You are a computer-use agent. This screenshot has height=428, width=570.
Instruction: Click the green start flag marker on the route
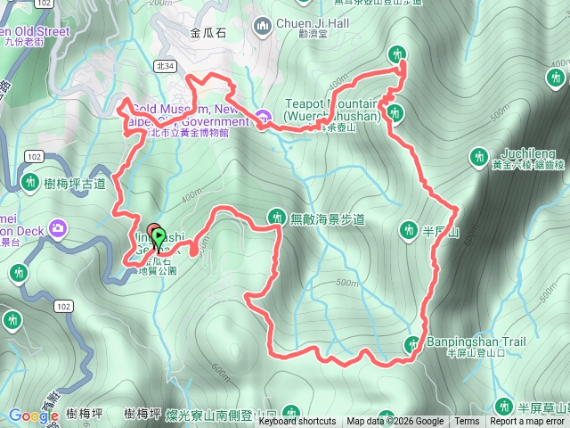click(159, 237)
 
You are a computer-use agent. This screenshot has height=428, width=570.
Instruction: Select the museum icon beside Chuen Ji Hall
click(263, 26)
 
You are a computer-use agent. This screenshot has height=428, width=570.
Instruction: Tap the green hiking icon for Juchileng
click(478, 158)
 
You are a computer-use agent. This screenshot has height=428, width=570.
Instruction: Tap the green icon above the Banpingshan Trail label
click(413, 344)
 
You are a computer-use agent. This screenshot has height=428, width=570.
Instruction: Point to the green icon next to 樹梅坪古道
click(28, 183)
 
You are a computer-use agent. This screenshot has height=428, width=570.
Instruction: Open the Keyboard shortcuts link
click(297, 422)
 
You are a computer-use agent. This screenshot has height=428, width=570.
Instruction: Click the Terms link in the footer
click(467, 422)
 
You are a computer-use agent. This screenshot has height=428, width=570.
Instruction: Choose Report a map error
click(527, 422)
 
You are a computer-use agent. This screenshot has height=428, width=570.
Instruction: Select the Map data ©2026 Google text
click(395, 422)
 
